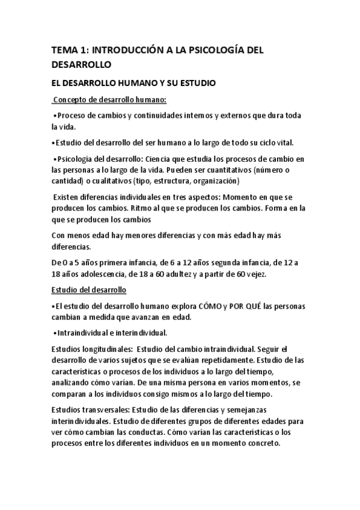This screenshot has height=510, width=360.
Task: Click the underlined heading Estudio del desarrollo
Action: point(88,290)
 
